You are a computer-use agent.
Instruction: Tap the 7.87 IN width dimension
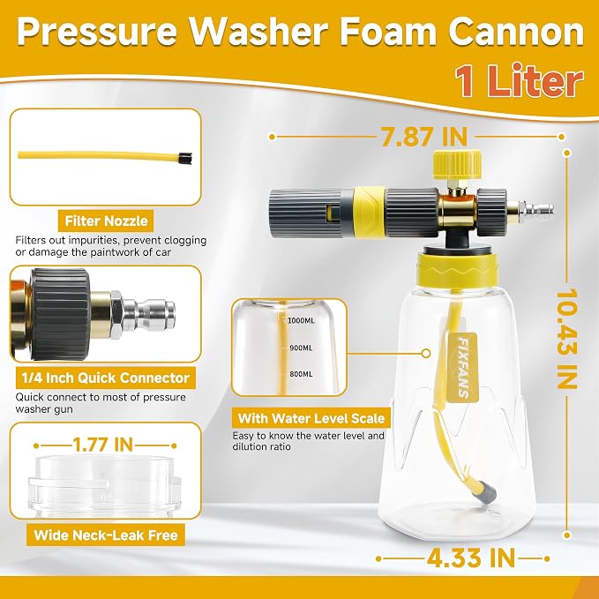pyautogui.click(x=424, y=137)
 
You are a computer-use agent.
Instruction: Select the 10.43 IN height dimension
pyautogui.click(x=566, y=338)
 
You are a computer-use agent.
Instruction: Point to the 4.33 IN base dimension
pyautogui.click(x=471, y=558)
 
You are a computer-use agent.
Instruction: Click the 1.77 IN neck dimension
pyautogui.click(x=103, y=445)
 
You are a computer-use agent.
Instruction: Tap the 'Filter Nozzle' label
pyautogui.click(x=106, y=221)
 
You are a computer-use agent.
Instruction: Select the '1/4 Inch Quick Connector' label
pyautogui.click(x=106, y=378)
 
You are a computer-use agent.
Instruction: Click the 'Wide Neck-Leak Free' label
pyautogui.click(x=106, y=535)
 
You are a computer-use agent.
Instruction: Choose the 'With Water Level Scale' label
pyautogui.click(x=311, y=418)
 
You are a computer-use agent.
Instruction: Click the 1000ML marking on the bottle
pyautogui.click(x=301, y=320)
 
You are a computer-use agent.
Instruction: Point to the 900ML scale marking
pyautogui.click(x=301, y=348)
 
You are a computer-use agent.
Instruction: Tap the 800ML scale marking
pyautogui.click(x=301, y=374)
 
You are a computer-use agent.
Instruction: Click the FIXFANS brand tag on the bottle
pyautogui.click(x=462, y=368)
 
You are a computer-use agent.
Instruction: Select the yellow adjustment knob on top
pyautogui.click(x=457, y=164)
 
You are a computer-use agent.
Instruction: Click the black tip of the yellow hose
pyautogui.click(x=185, y=158)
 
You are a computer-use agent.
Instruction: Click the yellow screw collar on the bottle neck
pyautogui.click(x=458, y=269)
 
